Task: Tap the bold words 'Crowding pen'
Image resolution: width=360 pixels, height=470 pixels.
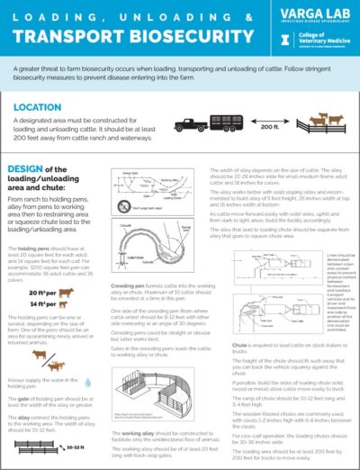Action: click(129, 284)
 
